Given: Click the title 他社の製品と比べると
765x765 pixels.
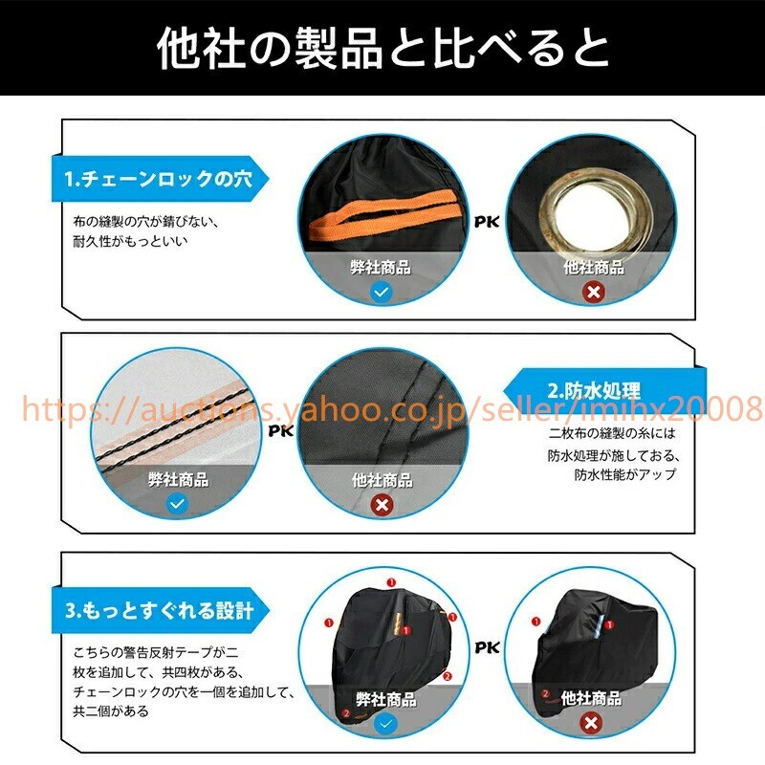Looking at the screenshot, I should (382, 49).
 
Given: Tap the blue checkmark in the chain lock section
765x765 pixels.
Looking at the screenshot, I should (382, 293).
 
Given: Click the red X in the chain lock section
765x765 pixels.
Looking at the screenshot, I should (593, 292).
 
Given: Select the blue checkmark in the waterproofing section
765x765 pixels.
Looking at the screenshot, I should (177, 504).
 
